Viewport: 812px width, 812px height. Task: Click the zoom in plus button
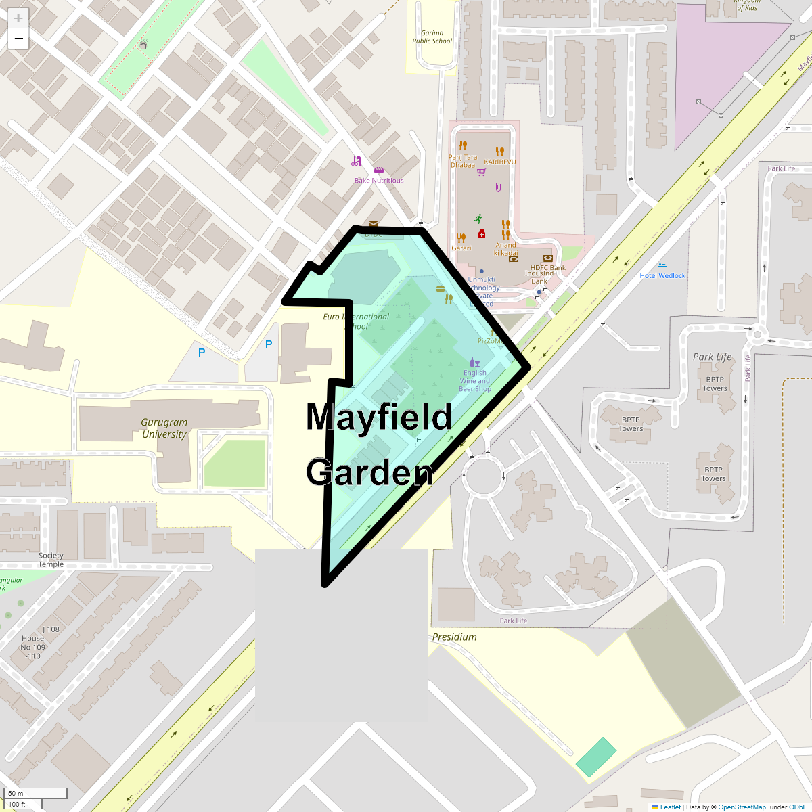[x=18, y=18]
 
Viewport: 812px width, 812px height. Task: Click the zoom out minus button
[x=18, y=39]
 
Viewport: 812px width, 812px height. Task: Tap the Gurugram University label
[x=164, y=428]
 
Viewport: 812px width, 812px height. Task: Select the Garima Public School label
[x=432, y=37]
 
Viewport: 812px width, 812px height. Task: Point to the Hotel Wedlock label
[x=662, y=275]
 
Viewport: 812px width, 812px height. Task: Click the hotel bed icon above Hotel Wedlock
[x=662, y=265]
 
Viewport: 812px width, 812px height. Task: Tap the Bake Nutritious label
[x=379, y=181]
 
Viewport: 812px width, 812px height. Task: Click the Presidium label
[x=454, y=637]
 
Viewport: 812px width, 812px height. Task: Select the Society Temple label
[x=51, y=560]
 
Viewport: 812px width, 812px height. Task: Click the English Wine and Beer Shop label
[x=475, y=381]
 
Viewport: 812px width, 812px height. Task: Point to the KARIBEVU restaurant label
[x=499, y=162]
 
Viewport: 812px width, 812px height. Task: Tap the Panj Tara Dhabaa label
[x=463, y=161]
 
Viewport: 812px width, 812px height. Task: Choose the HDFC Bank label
[x=548, y=268]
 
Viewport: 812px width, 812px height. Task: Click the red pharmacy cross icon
[x=482, y=233]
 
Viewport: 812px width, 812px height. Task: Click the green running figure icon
[x=478, y=219]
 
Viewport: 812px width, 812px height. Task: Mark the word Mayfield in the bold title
[x=379, y=417]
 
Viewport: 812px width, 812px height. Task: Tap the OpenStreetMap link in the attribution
[x=742, y=807]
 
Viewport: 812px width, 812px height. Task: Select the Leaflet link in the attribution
[x=671, y=807]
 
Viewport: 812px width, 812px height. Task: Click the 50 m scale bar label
[x=16, y=793]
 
